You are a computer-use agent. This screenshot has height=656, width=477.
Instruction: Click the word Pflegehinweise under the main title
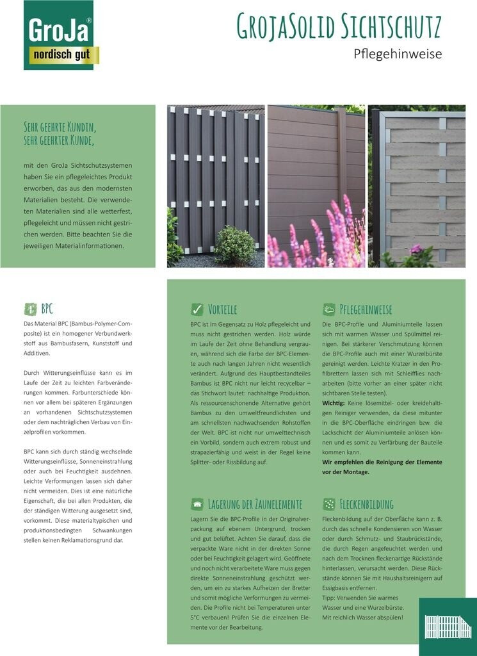point(398,54)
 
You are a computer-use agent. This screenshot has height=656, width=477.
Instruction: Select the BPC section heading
point(47,309)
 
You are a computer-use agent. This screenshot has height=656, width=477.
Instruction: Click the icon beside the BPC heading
point(30,309)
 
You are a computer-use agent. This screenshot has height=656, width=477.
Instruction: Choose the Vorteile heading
point(222,309)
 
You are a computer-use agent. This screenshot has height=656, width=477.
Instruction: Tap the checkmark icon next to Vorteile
point(197,309)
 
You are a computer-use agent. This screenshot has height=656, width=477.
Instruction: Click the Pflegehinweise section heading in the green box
point(366,309)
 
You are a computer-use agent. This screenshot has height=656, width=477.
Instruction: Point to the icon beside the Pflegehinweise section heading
point(329,309)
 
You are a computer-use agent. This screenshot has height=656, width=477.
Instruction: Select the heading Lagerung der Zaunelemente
point(255,504)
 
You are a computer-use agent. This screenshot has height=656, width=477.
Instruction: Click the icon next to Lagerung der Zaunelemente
point(197,504)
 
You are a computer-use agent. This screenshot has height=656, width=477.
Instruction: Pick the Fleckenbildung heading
point(366,504)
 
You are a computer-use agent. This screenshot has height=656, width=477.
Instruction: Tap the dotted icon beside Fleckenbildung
point(329,504)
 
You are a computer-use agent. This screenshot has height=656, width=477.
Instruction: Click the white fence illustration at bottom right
point(448,627)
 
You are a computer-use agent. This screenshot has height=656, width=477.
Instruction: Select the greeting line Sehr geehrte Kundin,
point(60,126)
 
